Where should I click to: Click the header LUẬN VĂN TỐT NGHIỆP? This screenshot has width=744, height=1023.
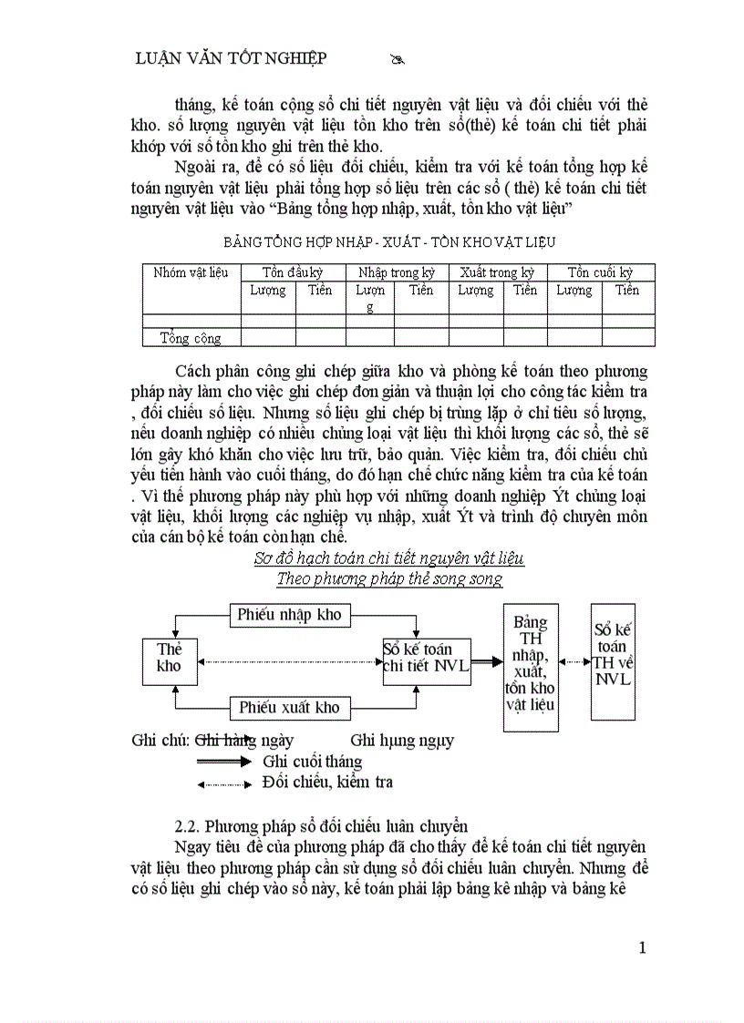(x=231, y=58)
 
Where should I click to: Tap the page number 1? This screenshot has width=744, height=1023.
(x=642, y=947)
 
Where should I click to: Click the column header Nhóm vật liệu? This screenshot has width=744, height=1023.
(x=191, y=272)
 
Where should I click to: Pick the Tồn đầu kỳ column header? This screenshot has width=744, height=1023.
(x=293, y=272)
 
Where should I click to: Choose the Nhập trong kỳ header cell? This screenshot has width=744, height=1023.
(x=397, y=272)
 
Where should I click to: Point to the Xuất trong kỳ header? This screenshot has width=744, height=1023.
(x=497, y=272)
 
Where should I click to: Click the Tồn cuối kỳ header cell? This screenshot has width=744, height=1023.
(x=601, y=272)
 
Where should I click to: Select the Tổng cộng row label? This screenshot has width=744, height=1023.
(x=191, y=338)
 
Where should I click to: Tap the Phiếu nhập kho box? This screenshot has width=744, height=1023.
(x=289, y=615)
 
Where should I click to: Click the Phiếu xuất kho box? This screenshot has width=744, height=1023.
(x=289, y=707)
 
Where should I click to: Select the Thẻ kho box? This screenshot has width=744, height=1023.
(x=170, y=658)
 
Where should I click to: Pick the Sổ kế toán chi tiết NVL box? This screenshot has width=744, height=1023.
(x=427, y=658)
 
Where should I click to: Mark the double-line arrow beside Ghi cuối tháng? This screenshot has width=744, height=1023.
(x=223, y=762)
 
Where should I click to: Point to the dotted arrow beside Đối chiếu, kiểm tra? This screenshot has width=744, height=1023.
(x=223, y=783)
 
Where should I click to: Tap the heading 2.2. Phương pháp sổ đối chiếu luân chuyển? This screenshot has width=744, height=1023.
(x=321, y=826)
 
